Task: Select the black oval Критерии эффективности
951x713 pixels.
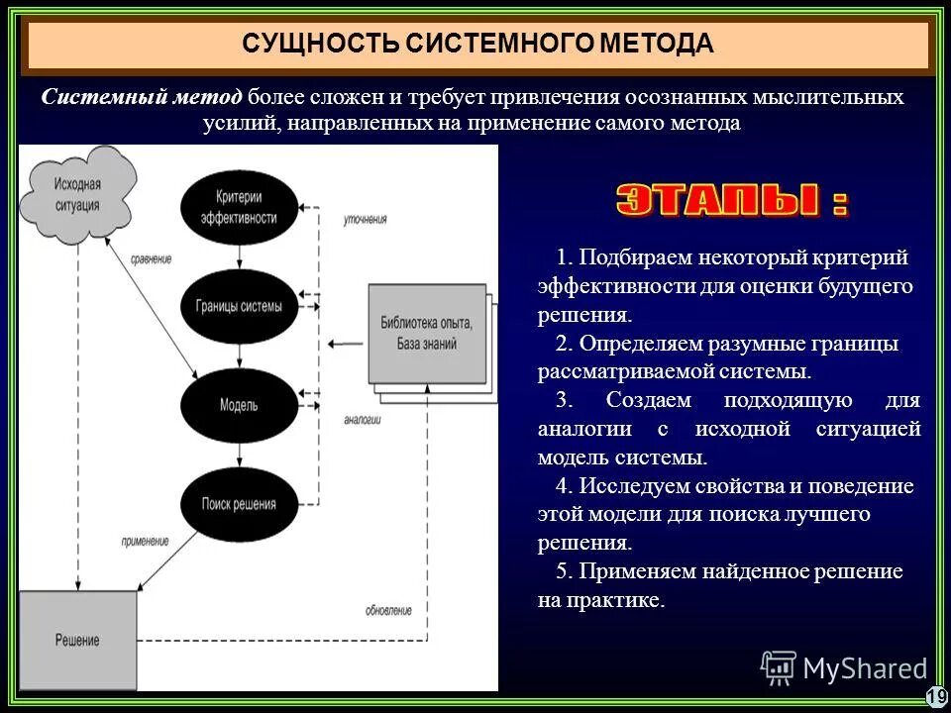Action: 238,208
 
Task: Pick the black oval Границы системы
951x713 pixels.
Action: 238,307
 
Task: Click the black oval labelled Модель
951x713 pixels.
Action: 238,406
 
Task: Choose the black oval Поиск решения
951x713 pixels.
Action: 238,505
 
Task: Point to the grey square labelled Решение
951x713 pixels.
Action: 76,640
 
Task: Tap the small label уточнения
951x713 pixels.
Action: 366,220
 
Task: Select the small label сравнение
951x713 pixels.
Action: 152,259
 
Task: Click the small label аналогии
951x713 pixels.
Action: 363,420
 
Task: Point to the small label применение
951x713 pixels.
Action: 146,542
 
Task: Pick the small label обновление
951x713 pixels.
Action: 387,611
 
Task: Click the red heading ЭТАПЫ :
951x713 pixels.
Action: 731,200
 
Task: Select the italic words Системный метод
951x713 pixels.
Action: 142,97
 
